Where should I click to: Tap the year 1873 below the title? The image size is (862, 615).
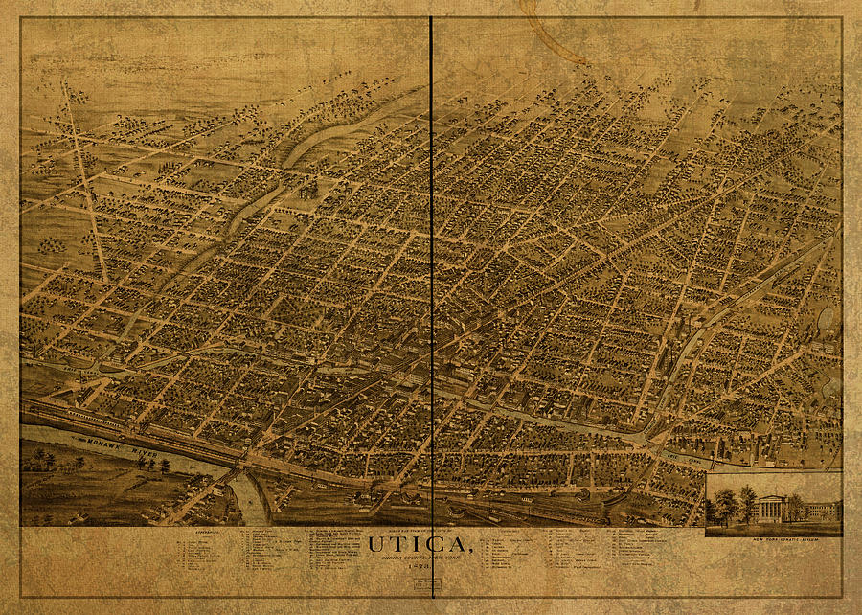click(x=420, y=571)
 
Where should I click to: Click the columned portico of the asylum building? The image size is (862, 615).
click(x=769, y=509)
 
